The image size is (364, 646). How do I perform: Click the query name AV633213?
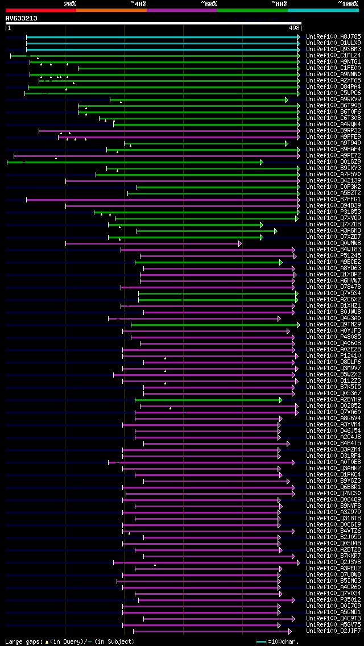point(22,18)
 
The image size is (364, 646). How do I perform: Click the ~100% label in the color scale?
point(348,4)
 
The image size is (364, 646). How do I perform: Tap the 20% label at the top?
point(70,4)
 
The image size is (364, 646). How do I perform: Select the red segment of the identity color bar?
point(40,10)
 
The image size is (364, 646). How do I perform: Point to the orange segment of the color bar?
point(111,10)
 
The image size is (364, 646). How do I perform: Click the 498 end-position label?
point(295,28)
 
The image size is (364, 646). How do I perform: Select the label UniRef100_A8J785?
point(333,37)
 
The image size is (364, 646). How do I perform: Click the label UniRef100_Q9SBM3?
point(333,49)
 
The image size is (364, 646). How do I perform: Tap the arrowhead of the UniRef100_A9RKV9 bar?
point(287,100)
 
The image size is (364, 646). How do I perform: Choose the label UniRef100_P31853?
point(333,212)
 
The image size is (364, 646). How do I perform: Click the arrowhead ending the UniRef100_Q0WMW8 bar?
point(239,243)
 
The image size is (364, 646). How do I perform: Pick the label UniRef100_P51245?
point(333,256)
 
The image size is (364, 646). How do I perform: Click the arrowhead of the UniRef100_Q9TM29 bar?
point(297,325)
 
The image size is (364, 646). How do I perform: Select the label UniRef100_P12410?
point(333,356)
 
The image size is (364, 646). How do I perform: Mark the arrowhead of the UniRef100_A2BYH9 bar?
point(280,400)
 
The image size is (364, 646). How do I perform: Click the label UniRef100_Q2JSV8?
point(333,562)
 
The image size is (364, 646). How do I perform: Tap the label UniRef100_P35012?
point(333,599)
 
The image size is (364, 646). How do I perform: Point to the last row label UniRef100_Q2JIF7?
point(333,631)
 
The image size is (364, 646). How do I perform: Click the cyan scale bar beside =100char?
point(261,641)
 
